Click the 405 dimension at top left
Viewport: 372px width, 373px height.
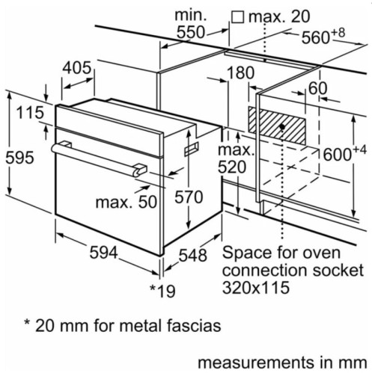click(x=78, y=68)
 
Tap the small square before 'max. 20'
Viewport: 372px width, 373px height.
click(x=238, y=15)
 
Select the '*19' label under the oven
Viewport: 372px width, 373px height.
click(x=162, y=289)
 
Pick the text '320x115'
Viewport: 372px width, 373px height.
click(x=256, y=286)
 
